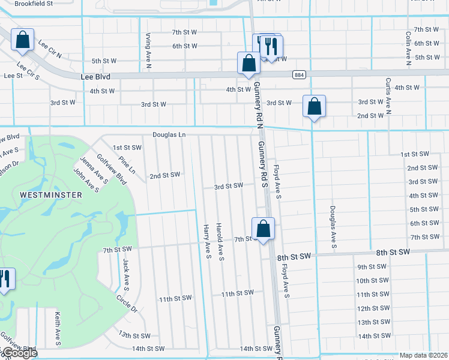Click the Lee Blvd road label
[x=97, y=77]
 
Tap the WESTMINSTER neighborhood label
[x=42, y=195]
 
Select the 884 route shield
[x=298, y=74]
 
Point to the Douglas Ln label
[x=169, y=135]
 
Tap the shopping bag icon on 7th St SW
[x=263, y=229]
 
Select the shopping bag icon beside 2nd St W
[x=314, y=107]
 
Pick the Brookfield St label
[x=34, y=3]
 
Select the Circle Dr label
[x=127, y=304]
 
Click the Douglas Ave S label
[x=331, y=227]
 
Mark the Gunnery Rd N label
[x=256, y=106]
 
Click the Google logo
[x=19, y=353]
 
